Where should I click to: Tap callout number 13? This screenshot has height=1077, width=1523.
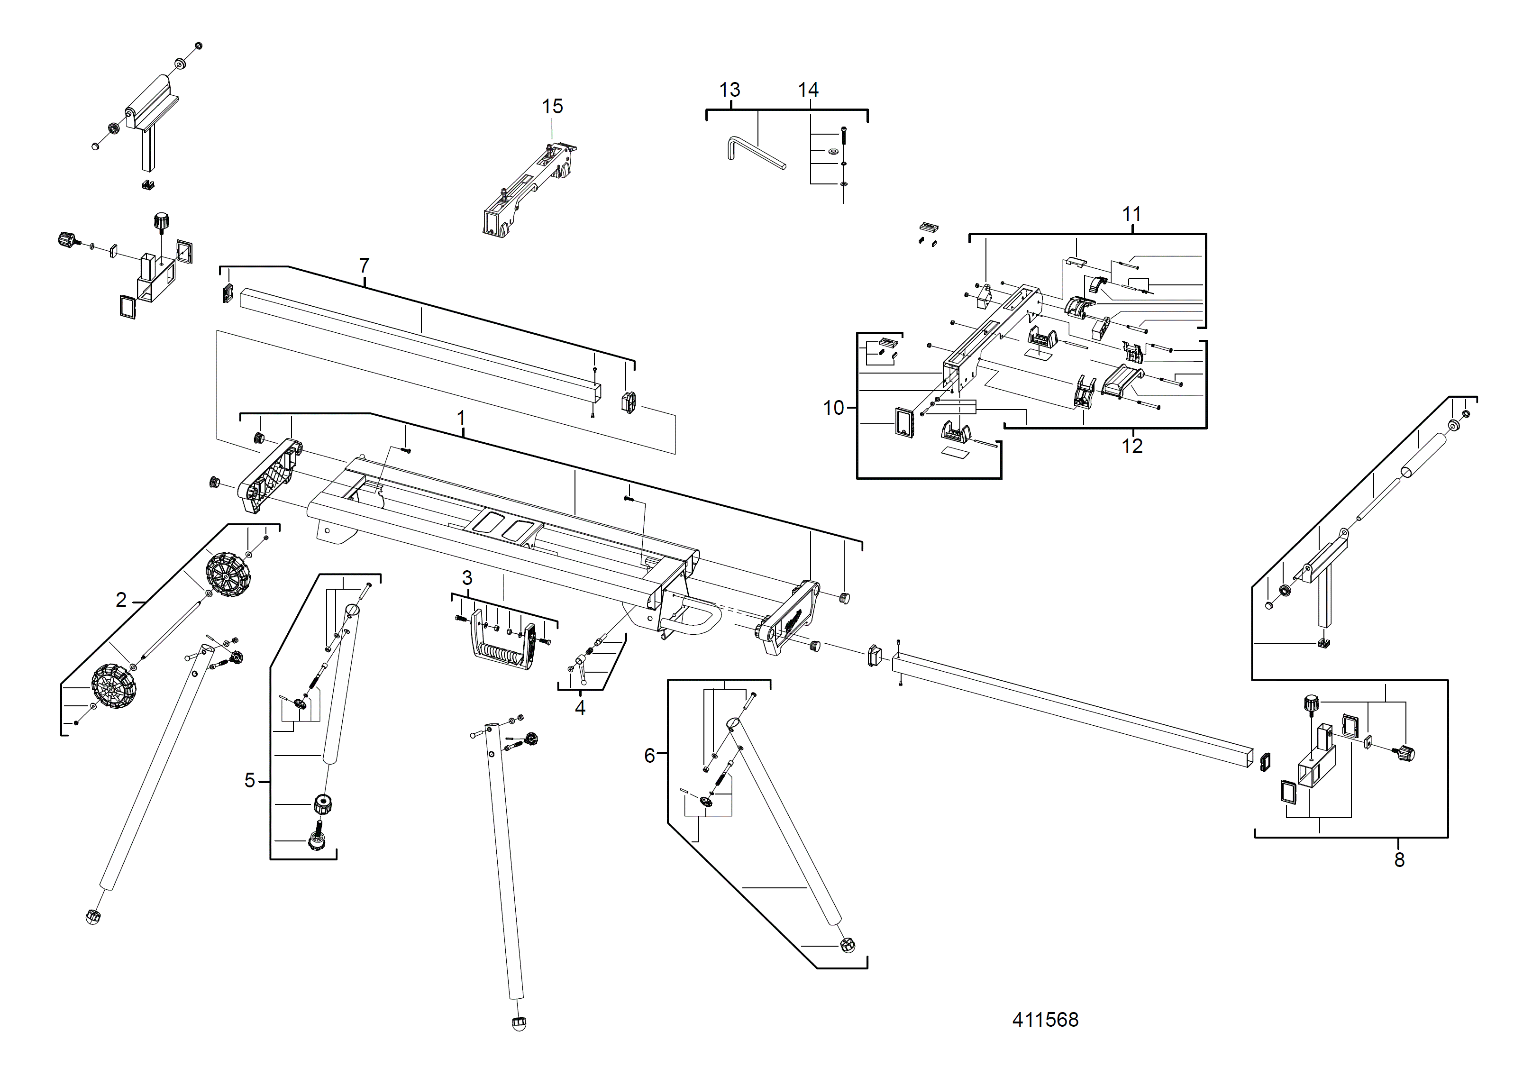pyautogui.click(x=729, y=90)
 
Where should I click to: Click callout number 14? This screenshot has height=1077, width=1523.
pyautogui.click(x=808, y=90)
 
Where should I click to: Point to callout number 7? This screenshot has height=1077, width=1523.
pyautogui.click(x=364, y=265)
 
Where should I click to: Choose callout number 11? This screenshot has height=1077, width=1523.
pyautogui.click(x=1131, y=214)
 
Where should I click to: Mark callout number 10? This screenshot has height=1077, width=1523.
pyautogui.click(x=833, y=408)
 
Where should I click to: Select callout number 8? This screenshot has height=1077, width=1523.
pyautogui.click(x=1399, y=860)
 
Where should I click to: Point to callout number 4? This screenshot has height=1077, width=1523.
pyautogui.click(x=580, y=708)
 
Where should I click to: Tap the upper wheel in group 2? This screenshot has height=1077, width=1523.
pyautogui.click(x=228, y=575)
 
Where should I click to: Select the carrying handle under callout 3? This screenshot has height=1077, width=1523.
pyautogui.click(x=504, y=647)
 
